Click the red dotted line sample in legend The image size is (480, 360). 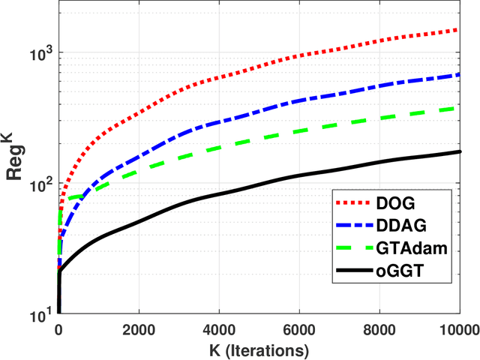click(x=354, y=203)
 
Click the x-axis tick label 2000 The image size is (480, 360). click(x=138, y=328)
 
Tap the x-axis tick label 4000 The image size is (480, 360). click(x=218, y=328)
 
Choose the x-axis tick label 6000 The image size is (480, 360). click(x=298, y=328)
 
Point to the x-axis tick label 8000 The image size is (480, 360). click(x=379, y=328)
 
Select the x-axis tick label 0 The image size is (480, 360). click(x=58, y=328)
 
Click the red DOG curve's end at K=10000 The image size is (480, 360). click(x=459, y=30)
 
